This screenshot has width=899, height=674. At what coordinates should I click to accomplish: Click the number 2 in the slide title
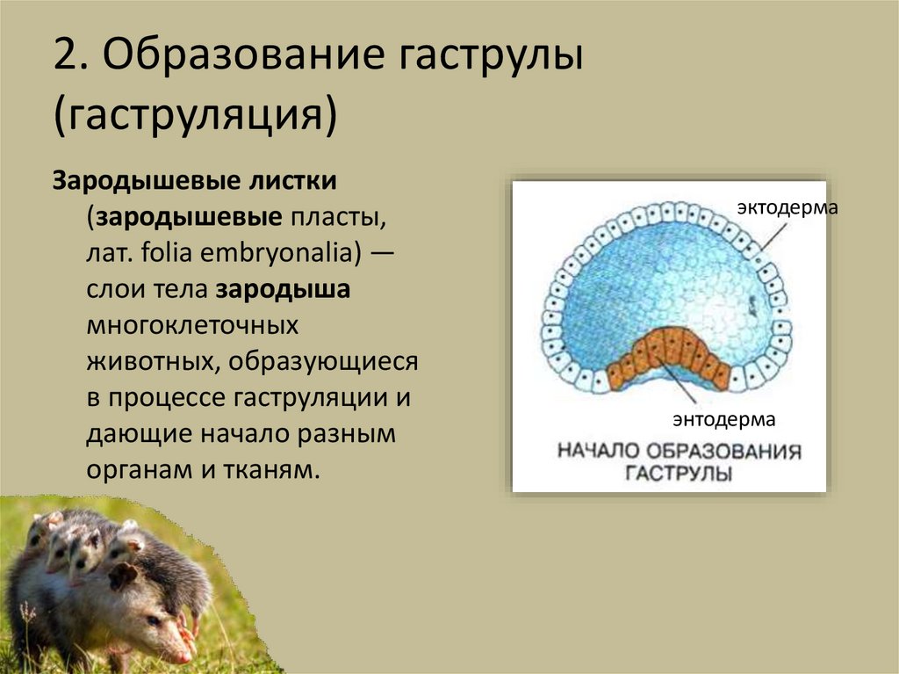point(65,61)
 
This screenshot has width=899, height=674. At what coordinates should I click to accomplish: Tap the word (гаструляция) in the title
point(195,115)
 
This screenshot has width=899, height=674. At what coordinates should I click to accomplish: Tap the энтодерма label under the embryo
point(724,418)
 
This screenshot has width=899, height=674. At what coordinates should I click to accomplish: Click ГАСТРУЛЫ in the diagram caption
point(680,475)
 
